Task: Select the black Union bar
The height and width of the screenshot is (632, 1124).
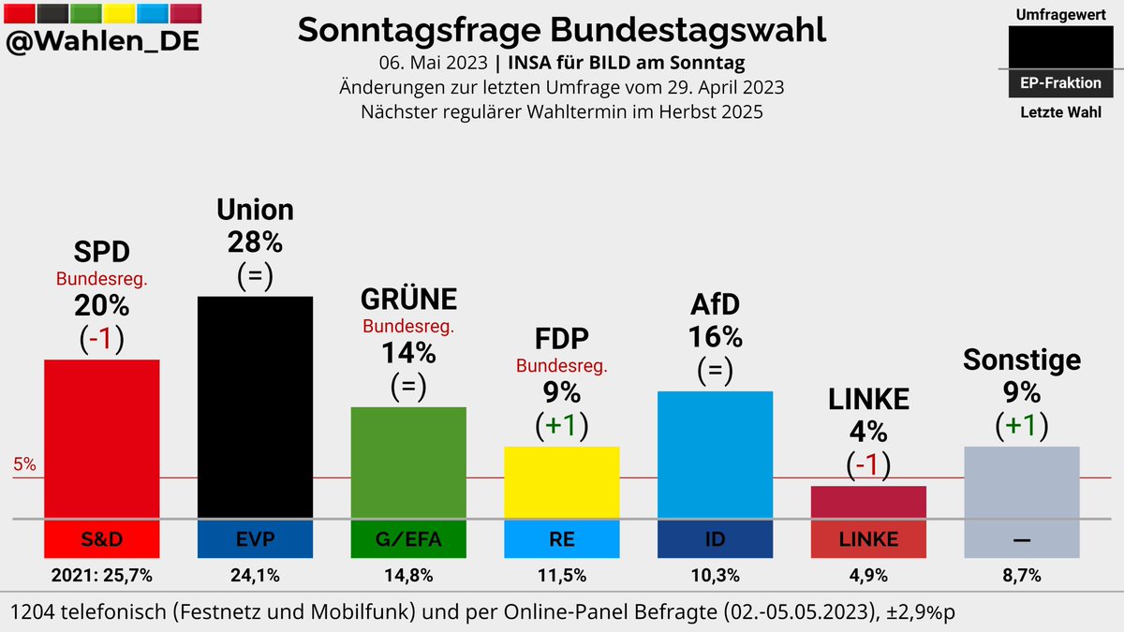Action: pos(255,406)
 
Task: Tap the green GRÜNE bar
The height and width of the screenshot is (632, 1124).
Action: pos(408,462)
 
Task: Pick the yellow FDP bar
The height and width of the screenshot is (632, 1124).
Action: pos(562,482)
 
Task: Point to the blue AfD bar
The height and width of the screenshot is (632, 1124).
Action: pos(716,454)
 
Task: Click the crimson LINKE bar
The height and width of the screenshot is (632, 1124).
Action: pos(868,502)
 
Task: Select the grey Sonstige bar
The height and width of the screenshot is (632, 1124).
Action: pos(1022,481)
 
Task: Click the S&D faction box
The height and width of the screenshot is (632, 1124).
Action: pos(102,538)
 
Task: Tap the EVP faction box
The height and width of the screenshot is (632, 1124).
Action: pos(255,538)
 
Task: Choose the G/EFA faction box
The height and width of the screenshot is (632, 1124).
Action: pos(408,538)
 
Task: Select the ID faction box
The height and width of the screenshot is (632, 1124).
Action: pos(716,538)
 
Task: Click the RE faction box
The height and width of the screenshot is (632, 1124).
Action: pos(562,538)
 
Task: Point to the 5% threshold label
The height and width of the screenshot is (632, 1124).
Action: pos(24,464)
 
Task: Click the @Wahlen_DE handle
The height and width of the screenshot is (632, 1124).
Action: pos(102,42)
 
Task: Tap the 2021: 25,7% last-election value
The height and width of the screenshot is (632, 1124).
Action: pos(102,573)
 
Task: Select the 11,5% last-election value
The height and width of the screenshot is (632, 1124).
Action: pos(562,573)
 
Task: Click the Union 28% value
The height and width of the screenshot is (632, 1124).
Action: pos(255,243)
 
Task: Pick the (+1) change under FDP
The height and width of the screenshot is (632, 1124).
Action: pos(562,425)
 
